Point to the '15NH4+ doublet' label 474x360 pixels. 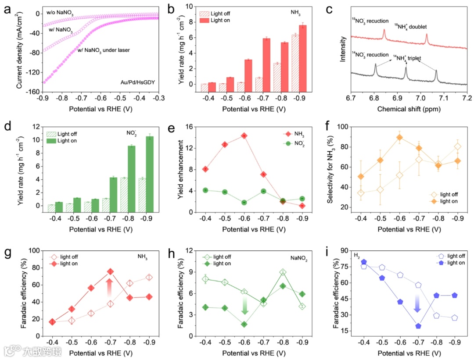click(410, 27)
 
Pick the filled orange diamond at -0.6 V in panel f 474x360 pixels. click(399, 137)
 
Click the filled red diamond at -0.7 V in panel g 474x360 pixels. click(111, 271)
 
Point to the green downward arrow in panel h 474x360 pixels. click(244, 305)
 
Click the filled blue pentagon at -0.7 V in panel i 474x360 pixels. click(418, 326)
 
